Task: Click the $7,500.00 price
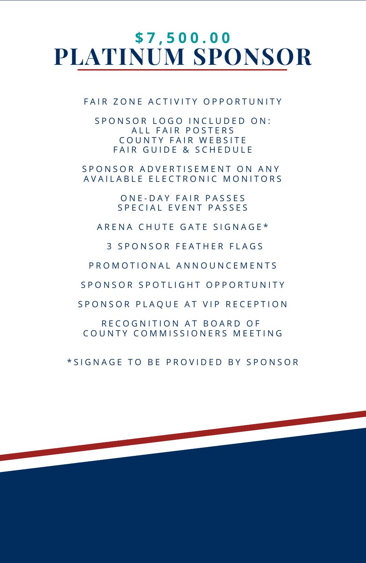[x=183, y=38]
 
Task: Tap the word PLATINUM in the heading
[x=120, y=57]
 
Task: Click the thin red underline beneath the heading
[x=182, y=70]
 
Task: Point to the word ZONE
[x=128, y=102]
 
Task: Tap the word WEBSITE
[x=226, y=140]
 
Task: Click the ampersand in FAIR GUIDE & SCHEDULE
[x=186, y=150]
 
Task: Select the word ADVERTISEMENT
[x=186, y=169]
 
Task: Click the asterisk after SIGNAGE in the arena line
[x=266, y=226]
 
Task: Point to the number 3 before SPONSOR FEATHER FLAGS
[x=109, y=246]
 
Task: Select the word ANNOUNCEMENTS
[x=227, y=266]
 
